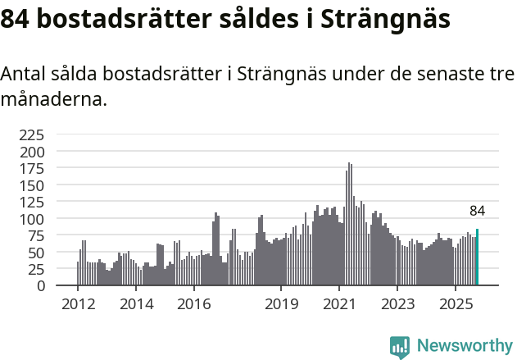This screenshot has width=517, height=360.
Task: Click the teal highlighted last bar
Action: point(477,257)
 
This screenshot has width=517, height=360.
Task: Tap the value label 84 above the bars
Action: point(477,211)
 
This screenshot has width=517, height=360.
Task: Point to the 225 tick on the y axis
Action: point(32,134)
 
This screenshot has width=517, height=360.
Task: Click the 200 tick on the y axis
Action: point(32,152)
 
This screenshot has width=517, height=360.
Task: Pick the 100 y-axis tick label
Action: point(32,219)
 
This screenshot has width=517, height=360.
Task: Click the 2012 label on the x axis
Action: point(78,304)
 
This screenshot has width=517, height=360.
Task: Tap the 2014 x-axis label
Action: point(136,304)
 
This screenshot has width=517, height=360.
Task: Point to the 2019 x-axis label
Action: point(281,304)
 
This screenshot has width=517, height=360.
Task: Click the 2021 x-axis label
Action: point(338,304)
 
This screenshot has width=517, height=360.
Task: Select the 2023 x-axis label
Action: point(397,304)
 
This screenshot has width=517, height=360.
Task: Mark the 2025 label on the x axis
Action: point(455,304)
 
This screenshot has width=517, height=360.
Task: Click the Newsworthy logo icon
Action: point(400,346)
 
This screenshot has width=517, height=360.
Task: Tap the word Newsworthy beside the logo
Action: point(464,346)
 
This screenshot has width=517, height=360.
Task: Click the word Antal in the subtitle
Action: point(22,75)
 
